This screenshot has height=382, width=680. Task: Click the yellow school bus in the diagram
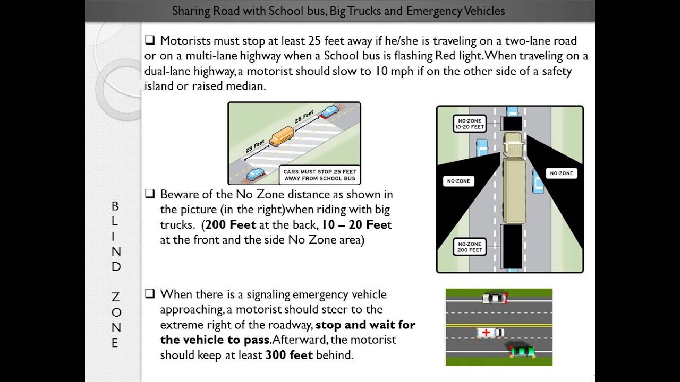pos(282,136)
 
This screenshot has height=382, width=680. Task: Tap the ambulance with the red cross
pos(490,333)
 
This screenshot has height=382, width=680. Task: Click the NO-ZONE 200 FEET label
pos(470,247)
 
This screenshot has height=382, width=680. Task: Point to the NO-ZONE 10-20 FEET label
pos(469,124)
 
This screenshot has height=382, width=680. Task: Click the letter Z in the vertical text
pos(115,297)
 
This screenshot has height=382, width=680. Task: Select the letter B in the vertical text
pos(115,206)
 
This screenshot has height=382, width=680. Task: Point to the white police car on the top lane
pos(495,298)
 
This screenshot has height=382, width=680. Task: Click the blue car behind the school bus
pos(256,173)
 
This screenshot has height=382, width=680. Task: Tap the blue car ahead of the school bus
pos(329,111)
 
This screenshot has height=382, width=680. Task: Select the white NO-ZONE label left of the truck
pos(458,181)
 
